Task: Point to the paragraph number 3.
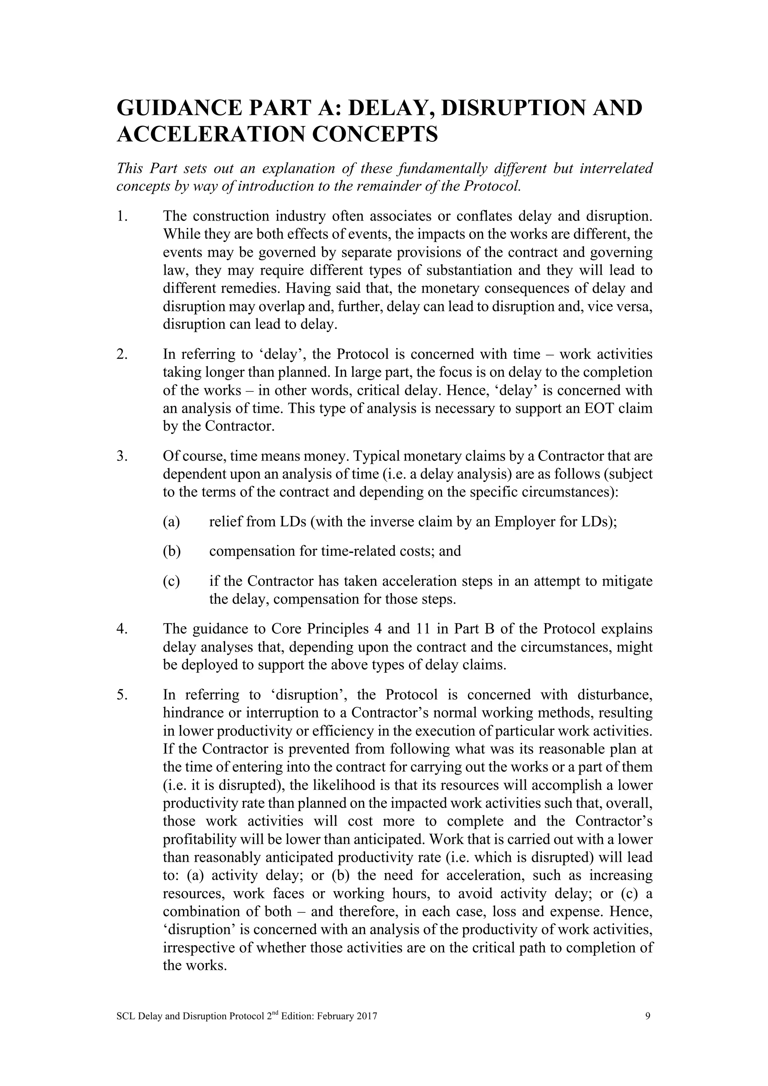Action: click(121, 456)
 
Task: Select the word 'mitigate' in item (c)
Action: click(627, 581)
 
